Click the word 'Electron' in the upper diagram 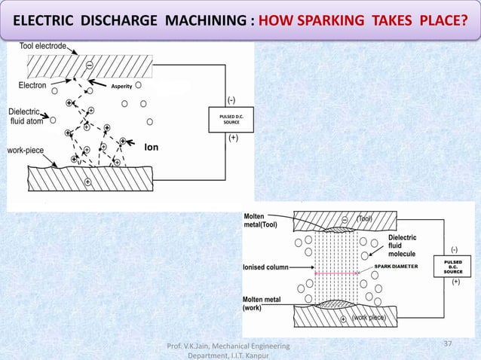(x=32, y=86)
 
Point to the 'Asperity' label (x=122, y=87)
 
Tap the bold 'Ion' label (x=151, y=148)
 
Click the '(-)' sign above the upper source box (x=231, y=100)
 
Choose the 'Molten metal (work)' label (x=262, y=303)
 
